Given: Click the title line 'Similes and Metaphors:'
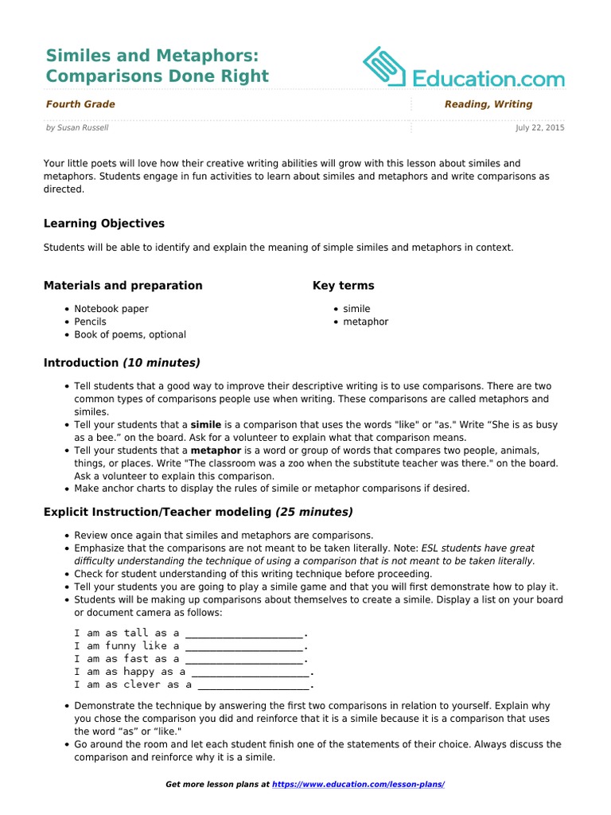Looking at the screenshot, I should (x=152, y=55).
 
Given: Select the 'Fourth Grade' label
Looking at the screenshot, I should (x=80, y=104).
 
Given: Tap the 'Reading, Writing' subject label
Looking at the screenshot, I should (x=488, y=104).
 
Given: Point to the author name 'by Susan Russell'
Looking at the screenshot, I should (x=77, y=127).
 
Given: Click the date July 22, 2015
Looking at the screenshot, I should (x=539, y=127).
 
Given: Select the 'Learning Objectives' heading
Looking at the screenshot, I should (x=104, y=224).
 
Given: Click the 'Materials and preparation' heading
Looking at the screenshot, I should (x=123, y=286).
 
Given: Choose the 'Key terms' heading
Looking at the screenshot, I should (x=344, y=286).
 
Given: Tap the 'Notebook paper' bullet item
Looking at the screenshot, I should (x=111, y=309).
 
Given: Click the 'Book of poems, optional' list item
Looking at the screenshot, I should (x=130, y=335).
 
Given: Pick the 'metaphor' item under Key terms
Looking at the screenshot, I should (x=366, y=322).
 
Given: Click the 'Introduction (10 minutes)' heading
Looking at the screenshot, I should (x=122, y=363).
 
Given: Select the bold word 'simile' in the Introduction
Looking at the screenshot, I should (x=206, y=425).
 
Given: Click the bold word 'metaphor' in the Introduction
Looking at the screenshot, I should (x=216, y=450).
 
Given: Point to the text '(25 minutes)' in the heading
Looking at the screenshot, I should (x=314, y=512).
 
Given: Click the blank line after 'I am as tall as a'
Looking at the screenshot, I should (x=244, y=634).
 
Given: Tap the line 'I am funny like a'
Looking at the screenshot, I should (x=127, y=646).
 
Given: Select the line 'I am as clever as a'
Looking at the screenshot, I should (x=133, y=684).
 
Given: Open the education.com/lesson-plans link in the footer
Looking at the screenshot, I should (x=358, y=785).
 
